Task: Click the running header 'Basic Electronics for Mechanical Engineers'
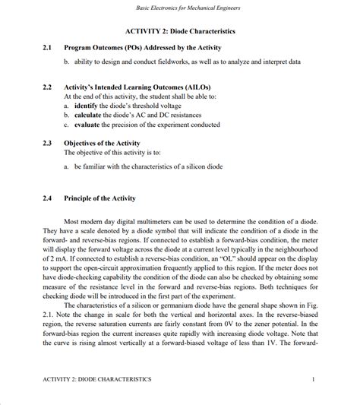click(x=180, y=8)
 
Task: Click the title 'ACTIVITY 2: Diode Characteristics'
click(x=179, y=31)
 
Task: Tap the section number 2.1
click(x=47, y=47)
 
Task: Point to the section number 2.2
click(x=47, y=87)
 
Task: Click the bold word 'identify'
click(x=87, y=106)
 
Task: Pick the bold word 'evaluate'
click(x=88, y=125)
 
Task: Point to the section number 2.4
click(x=47, y=198)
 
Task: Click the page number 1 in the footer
click(x=313, y=378)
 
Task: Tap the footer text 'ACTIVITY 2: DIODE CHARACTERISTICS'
click(x=96, y=378)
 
